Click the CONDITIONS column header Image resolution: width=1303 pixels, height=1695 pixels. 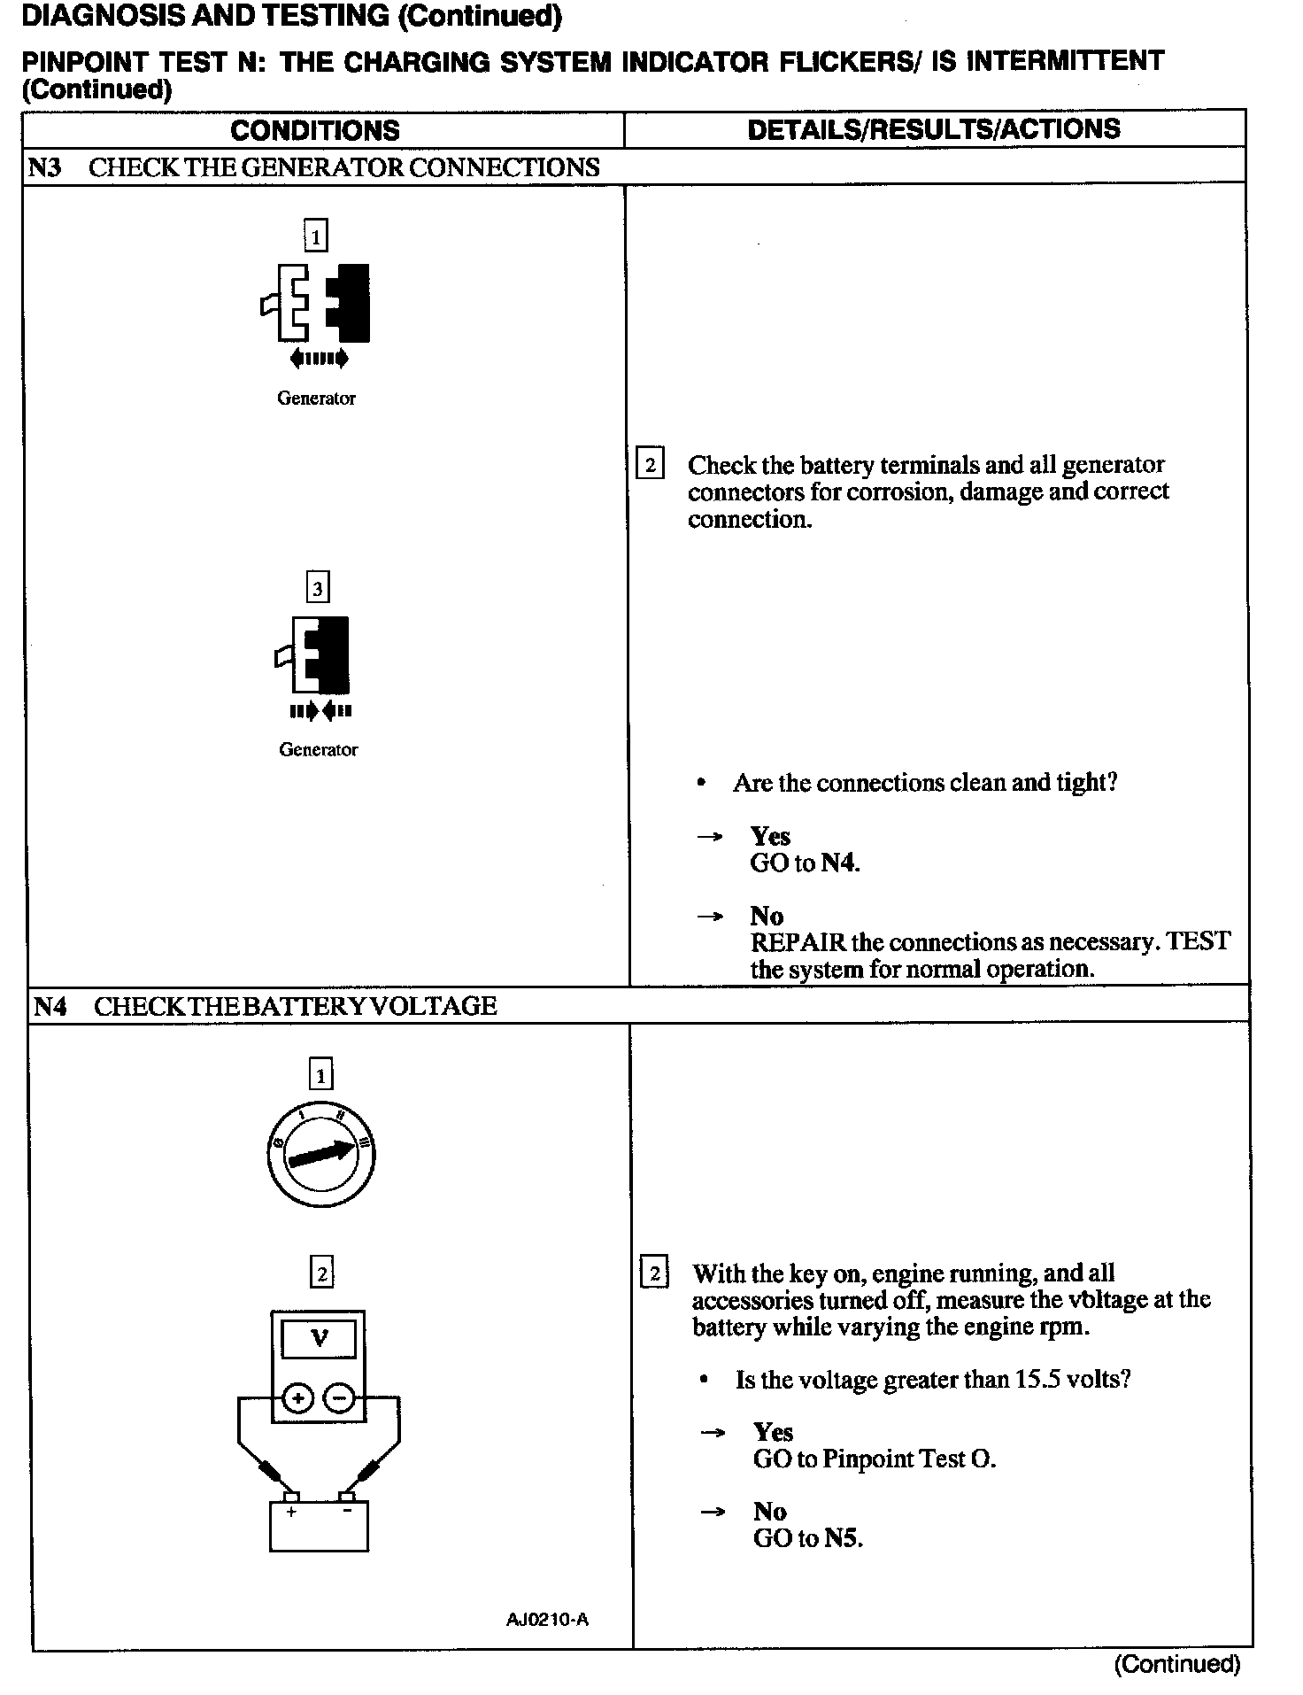coord(315,131)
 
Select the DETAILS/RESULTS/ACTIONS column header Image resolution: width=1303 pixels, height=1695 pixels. coord(934,129)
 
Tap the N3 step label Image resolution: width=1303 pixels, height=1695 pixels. coord(44,167)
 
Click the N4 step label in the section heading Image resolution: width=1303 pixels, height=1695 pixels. coord(50,1006)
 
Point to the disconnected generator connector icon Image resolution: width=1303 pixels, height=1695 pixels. coord(317,306)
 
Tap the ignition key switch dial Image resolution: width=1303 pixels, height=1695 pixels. coord(320,1154)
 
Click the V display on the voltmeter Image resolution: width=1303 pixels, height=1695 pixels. coord(320,1339)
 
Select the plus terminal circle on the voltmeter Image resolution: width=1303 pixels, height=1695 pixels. coord(299,1398)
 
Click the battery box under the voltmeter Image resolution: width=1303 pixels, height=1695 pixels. coord(319,1525)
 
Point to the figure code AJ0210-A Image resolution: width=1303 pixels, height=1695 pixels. coord(547,1620)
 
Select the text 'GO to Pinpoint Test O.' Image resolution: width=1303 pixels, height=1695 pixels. coord(874,1459)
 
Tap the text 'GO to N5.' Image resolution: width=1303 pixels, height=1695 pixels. coord(807,1538)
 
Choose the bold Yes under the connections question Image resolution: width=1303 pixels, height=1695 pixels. coord(770,836)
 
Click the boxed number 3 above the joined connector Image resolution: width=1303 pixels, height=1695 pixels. coord(317,587)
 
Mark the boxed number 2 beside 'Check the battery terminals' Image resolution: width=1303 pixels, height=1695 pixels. coord(651,465)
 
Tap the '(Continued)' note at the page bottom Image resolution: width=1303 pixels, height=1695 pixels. coord(1176,1664)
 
